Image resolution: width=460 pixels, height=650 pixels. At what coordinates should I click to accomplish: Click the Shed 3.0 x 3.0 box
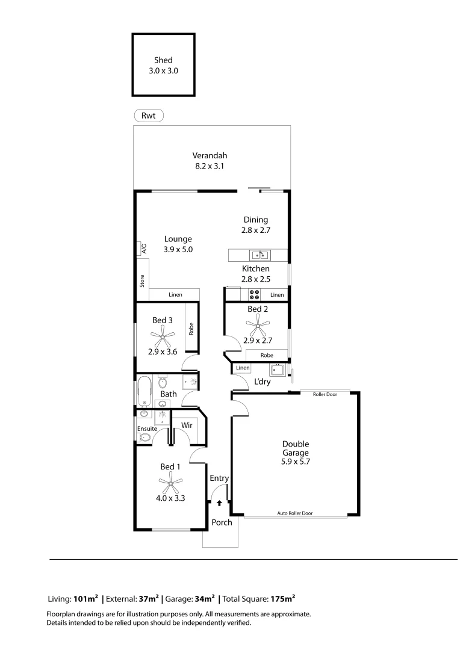tap(164, 65)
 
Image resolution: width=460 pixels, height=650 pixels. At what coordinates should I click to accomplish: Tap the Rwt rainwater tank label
tap(148, 115)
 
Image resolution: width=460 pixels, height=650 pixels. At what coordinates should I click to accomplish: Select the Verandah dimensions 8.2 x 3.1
tap(210, 166)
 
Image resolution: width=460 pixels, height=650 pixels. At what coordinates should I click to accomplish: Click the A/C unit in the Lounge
tap(143, 248)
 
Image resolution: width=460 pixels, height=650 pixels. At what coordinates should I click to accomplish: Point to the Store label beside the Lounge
tap(142, 280)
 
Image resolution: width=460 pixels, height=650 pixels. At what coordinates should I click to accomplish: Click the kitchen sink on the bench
tap(260, 255)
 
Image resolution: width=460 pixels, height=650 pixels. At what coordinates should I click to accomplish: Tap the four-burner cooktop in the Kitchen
tap(255, 295)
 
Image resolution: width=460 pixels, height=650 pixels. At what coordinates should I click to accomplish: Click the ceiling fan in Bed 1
tap(170, 481)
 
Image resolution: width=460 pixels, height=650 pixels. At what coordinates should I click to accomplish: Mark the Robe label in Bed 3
tap(191, 329)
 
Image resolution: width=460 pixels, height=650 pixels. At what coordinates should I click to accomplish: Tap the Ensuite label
tap(147, 429)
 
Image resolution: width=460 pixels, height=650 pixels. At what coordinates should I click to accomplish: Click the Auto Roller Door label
tap(295, 513)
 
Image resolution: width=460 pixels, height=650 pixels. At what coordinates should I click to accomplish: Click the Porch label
tap(222, 522)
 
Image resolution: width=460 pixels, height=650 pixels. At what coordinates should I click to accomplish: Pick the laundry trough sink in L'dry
tap(277, 370)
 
